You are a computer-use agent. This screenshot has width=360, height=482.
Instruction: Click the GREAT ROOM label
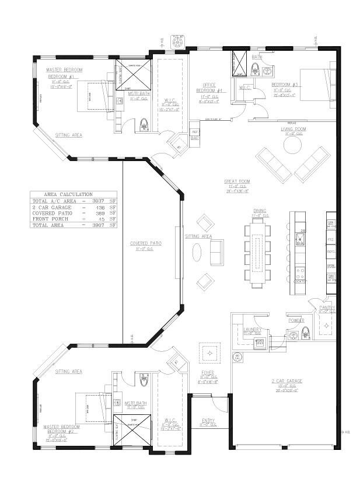(237, 181)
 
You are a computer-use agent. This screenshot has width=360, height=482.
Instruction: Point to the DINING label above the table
(260, 211)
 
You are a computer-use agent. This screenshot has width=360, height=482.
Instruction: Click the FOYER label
(208, 372)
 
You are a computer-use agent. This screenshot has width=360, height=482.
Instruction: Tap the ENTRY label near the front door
(208, 420)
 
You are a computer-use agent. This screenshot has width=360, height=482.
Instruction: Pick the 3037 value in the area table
(99, 201)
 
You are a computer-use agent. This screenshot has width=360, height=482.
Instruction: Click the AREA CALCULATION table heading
(68, 194)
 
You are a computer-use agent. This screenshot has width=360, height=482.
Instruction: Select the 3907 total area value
(99, 225)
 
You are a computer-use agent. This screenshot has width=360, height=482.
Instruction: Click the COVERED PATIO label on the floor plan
(145, 243)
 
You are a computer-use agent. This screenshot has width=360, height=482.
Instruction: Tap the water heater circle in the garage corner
(237, 356)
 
